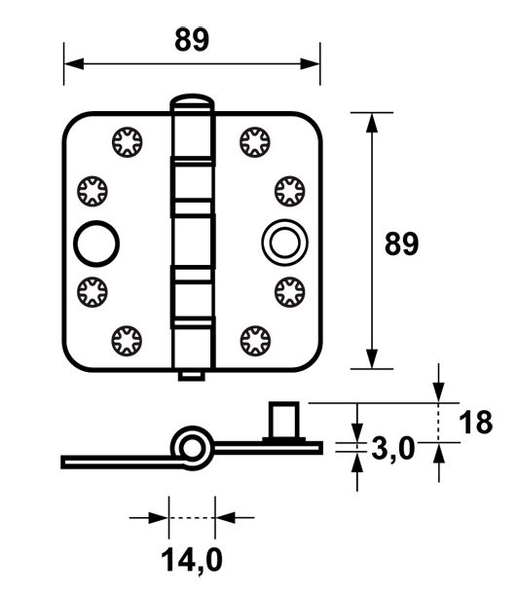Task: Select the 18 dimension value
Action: point(476,422)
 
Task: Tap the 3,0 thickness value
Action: point(394,449)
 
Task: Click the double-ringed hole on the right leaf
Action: point(281,242)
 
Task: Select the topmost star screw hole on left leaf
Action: point(126,142)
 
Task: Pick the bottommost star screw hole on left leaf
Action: point(126,340)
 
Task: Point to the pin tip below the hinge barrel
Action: point(193,375)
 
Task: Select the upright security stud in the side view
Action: point(283,422)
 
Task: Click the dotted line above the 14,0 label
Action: point(192,518)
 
